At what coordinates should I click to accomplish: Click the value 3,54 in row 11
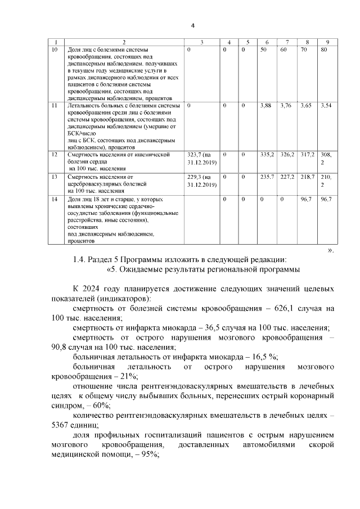(326, 105)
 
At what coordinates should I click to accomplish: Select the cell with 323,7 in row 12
(201, 157)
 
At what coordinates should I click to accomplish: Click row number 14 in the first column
(55, 199)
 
